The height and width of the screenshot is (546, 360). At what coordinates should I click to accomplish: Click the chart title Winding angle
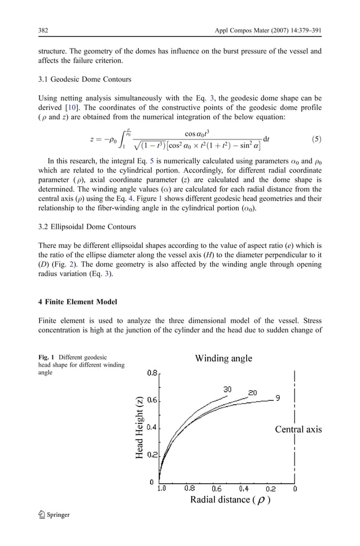click(x=223, y=358)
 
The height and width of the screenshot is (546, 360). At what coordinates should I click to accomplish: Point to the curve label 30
click(x=227, y=390)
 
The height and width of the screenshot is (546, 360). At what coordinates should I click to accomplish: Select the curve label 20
click(x=253, y=392)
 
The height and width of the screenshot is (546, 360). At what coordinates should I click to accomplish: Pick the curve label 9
click(x=278, y=398)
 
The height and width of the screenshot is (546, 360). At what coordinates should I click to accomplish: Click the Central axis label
click(x=298, y=430)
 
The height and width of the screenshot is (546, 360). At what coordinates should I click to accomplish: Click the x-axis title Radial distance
click(x=230, y=500)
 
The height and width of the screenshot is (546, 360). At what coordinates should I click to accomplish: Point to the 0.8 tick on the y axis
click(x=152, y=373)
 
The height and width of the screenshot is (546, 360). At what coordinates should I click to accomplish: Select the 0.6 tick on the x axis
click(x=216, y=489)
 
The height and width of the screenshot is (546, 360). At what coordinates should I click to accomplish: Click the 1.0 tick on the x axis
click(x=162, y=489)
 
